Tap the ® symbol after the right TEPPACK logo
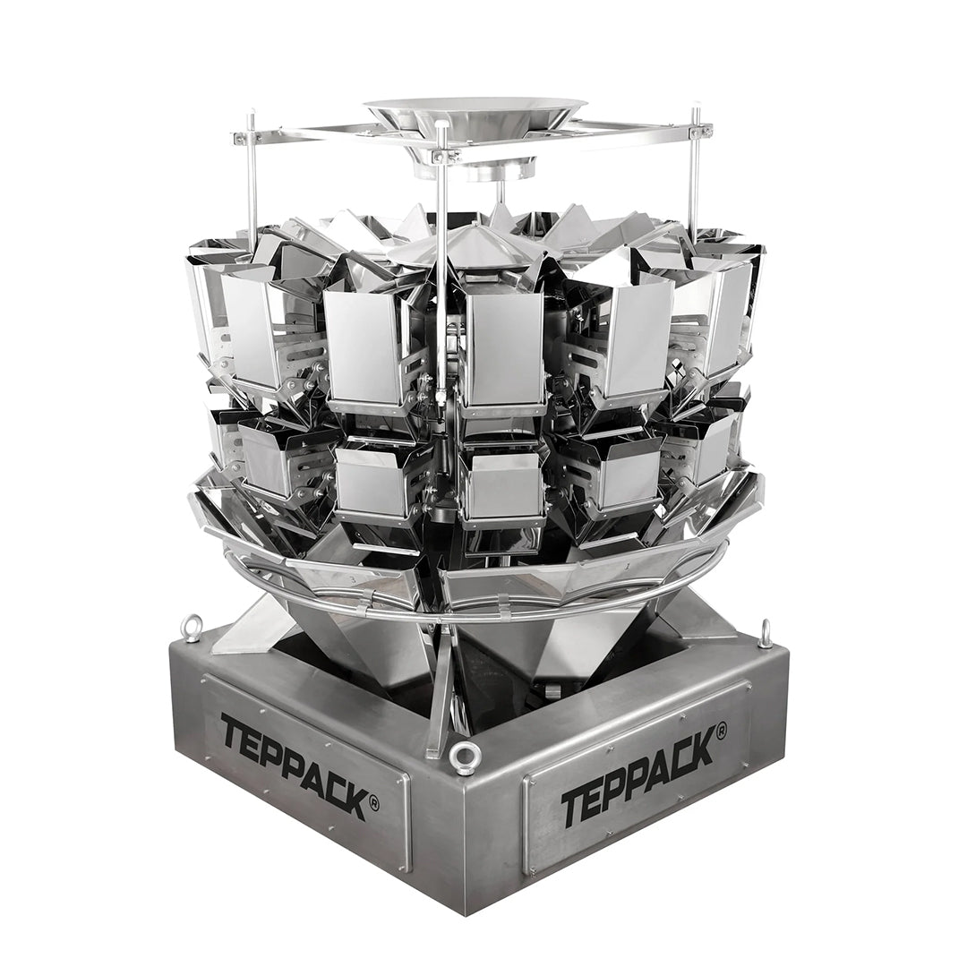pos(720,731)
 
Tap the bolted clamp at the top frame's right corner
pos(701,131)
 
